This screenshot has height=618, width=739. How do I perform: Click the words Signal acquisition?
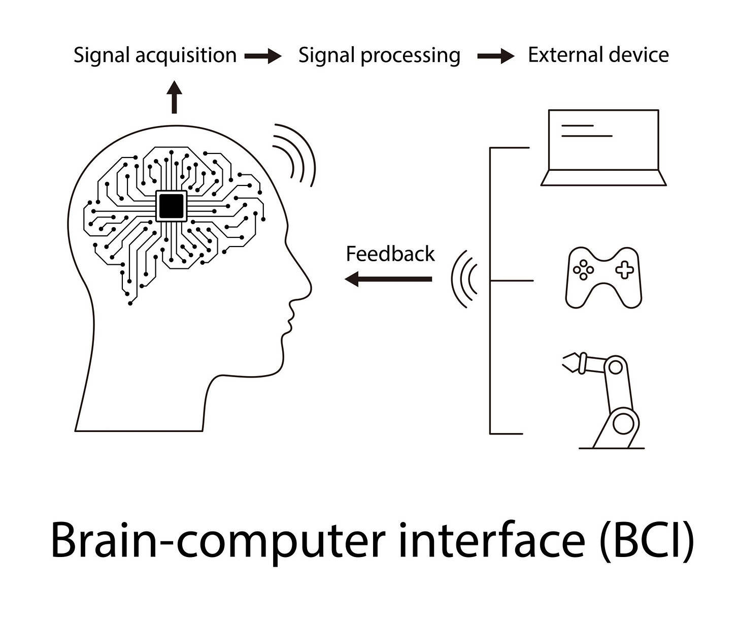(x=155, y=55)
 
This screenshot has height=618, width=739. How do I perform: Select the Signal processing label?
(x=379, y=55)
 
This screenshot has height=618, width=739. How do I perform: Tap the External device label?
(x=598, y=55)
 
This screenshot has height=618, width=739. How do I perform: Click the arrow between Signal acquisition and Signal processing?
(x=263, y=56)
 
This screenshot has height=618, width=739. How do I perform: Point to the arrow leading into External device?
(x=495, y=56)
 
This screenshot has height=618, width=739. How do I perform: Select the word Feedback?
(x=390, y=254)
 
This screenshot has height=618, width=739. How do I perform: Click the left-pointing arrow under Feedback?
(x=388, y=279)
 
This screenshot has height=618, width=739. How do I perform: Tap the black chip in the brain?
(x=171, y=206)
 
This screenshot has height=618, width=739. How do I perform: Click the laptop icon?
(x=603, y=147)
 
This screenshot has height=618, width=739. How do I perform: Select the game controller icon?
(x=603, y=277)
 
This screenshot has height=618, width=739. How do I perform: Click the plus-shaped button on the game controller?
(x=624, y=269)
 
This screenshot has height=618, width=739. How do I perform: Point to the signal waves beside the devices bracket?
(x=464, y=279)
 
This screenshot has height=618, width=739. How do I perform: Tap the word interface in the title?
(x=491, y=540)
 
